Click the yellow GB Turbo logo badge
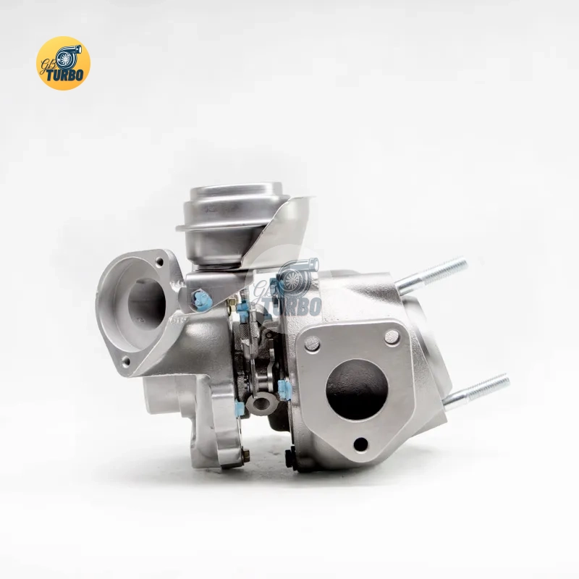(63, 63)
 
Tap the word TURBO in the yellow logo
(65, 75)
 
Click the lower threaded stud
(476, 392)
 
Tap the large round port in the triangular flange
(357, 389)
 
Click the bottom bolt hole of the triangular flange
(360, 444)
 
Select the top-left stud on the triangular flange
(313, 343)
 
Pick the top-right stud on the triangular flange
(392, 337)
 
